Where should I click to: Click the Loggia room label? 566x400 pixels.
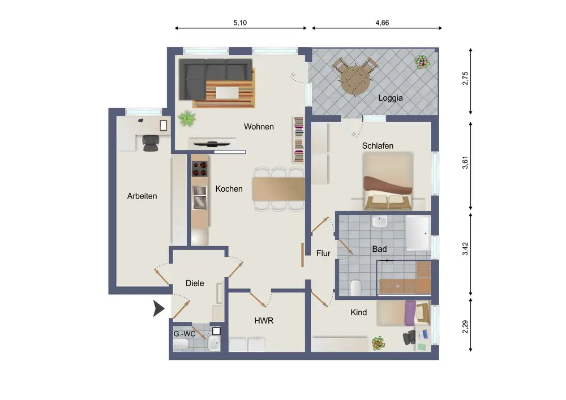(x=390, y=98)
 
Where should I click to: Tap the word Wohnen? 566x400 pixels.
(x=259, y=127)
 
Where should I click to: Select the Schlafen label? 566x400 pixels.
(x=378, y=146)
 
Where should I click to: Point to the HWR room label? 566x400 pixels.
(x=264, y=321)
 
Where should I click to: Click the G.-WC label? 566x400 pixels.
(x=185, y=334)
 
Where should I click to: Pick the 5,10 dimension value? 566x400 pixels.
(x=240, y=23)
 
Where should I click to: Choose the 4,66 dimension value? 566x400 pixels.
(x=382, y=23)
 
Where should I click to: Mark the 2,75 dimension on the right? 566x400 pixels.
(x=465, y=79)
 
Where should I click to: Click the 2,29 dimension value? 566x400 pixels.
(x=465, y=327)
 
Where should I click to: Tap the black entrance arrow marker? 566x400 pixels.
(x=158, y=308)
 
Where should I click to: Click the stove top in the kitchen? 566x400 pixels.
(x=200, y=169)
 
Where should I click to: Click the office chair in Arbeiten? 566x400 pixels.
(x=150, y=143)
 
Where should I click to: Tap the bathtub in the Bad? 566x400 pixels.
(x=418, y=233)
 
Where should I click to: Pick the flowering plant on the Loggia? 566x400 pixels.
(x=422, y=62)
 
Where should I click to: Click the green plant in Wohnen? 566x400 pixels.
(x=187, y=118)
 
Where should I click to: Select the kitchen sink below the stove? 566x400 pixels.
(x=200, y=197)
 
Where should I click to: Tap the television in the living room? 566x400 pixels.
(x=212, y=144)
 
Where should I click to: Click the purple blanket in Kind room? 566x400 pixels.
(x=410, y=313)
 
